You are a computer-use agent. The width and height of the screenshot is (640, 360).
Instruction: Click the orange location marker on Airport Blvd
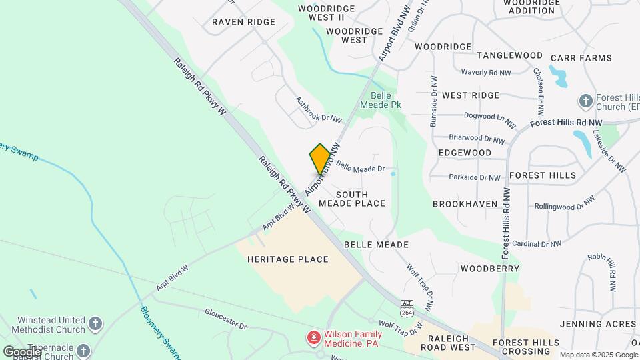click(320, 159)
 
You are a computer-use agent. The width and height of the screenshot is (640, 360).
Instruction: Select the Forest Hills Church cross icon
click(586, 101)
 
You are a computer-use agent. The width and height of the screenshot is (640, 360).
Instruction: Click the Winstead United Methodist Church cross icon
click(95, 325)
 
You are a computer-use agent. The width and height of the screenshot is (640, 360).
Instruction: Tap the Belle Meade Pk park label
click(381, 100)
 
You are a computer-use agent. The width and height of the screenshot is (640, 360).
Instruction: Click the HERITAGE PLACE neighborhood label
click(287, 259)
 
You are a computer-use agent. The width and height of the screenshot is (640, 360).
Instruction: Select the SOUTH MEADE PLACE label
click(352, 198)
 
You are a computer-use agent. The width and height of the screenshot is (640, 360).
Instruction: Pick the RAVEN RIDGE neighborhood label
click(243, 22)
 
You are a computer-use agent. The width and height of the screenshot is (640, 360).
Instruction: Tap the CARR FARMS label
click(581, 58)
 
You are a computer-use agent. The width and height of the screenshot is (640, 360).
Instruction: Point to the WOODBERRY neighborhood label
click(489, 269)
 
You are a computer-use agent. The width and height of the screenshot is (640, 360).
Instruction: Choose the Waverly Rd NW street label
click(486, 72)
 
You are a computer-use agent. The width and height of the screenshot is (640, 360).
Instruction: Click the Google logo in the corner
click(22, 351)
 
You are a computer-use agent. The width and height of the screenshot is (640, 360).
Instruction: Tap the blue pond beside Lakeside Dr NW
click(583, 142)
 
